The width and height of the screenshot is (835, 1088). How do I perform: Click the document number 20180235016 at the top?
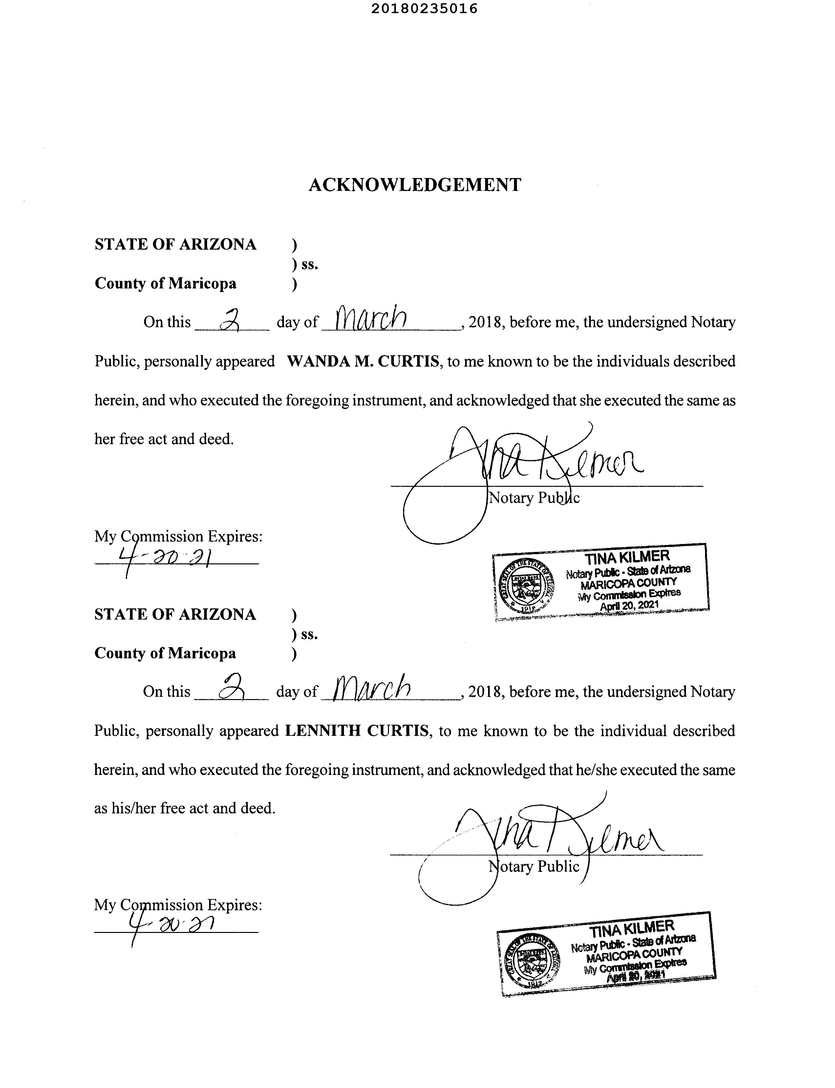point(424,9)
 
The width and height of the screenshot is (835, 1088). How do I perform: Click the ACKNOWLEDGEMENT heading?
point(415,185)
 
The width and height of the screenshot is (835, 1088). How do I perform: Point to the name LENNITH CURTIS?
point(356,731)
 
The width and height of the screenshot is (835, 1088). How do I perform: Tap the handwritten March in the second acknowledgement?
point(373,688)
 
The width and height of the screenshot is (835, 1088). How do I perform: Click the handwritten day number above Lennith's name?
point(230,690)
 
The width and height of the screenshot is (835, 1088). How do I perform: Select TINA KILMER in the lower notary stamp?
point(632,928)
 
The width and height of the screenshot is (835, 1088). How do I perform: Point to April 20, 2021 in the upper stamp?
point(629,605)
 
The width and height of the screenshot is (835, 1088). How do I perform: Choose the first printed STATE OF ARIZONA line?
point(176,245)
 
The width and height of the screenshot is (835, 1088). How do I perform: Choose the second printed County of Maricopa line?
point(165,653)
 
